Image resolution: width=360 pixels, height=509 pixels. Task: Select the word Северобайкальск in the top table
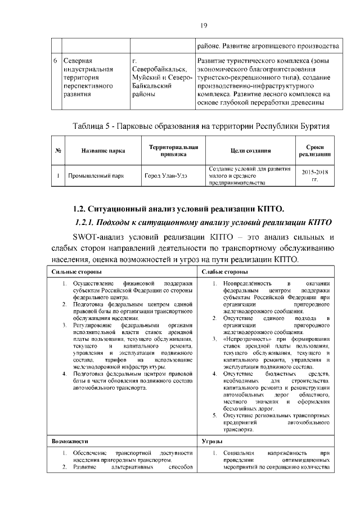158,69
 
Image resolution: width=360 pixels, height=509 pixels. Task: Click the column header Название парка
103,151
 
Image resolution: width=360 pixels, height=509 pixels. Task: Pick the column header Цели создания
250,151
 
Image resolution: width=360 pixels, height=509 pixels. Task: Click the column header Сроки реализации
314,150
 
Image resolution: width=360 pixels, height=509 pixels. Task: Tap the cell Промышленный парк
96,175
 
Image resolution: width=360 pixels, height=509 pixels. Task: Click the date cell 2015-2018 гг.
314,175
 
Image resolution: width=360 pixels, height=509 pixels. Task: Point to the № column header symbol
58,151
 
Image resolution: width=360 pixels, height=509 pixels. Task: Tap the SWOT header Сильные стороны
73,272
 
